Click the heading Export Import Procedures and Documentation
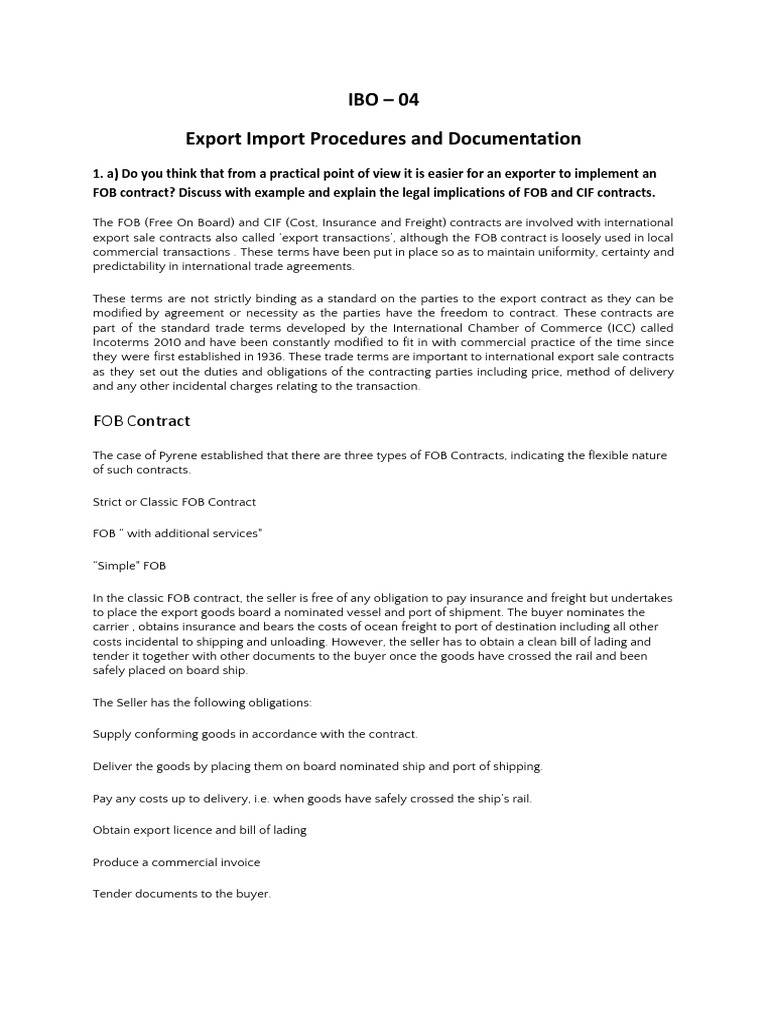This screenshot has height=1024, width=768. [383, 138]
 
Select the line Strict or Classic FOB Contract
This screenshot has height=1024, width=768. [174, 501]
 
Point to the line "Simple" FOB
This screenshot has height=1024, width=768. [129, 565]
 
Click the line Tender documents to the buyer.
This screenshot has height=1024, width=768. [181, 893]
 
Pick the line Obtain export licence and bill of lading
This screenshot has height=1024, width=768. [199, 829]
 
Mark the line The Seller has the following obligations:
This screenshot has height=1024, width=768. [202, 702]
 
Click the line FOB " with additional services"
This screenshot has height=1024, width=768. [177, 533]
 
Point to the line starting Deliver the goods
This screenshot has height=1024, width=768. [317, 765]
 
